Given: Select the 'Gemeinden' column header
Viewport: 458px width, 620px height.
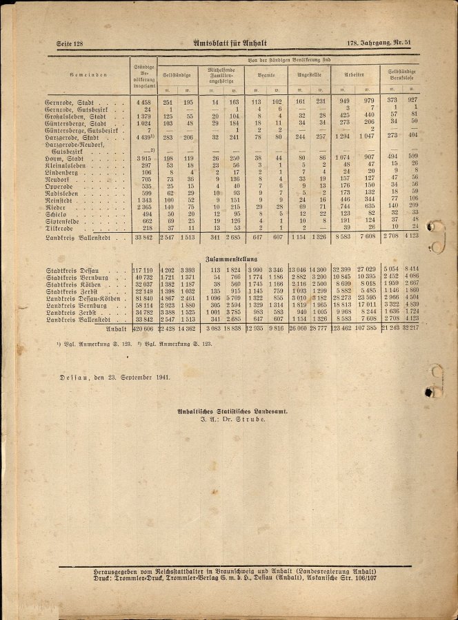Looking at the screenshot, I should [88, 74].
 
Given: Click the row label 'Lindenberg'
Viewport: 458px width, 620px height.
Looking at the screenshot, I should [66, 172].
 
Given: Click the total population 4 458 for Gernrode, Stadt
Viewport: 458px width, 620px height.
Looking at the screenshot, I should [143, 102].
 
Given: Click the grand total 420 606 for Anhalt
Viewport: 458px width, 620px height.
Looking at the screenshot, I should [143, 329].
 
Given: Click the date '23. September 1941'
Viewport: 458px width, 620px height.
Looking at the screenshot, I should [128, 378].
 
